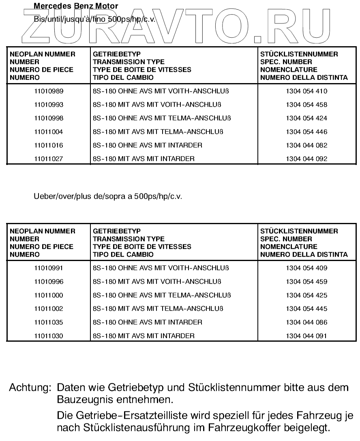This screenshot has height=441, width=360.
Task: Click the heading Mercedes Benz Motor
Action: (x=76, y=6)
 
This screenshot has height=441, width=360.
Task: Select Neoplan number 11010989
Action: (x=49, y=91)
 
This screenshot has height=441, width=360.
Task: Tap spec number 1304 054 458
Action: (x=306, y=105)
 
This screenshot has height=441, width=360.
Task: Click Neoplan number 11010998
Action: (x=49, y=118)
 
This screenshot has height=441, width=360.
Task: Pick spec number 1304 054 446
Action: (x=306, y=132)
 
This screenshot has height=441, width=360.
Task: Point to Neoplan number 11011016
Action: (x=49, y=145)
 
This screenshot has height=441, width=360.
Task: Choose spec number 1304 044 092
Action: (x=306, y=159)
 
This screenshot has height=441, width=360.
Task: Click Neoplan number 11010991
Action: (x=49, y=268)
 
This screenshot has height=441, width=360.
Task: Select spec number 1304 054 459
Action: (x=306, y=282)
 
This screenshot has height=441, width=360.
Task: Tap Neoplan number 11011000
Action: (x=49, y=295)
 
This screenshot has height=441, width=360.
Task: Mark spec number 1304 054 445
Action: (x=306, y=309)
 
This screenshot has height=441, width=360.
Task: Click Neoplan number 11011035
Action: (x=49, y=322)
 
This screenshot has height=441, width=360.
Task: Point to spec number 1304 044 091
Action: (x=306, y=336)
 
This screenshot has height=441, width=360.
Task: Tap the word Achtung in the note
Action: (x=30, y=388)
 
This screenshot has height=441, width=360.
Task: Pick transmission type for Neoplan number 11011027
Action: (x=144, y=159)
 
